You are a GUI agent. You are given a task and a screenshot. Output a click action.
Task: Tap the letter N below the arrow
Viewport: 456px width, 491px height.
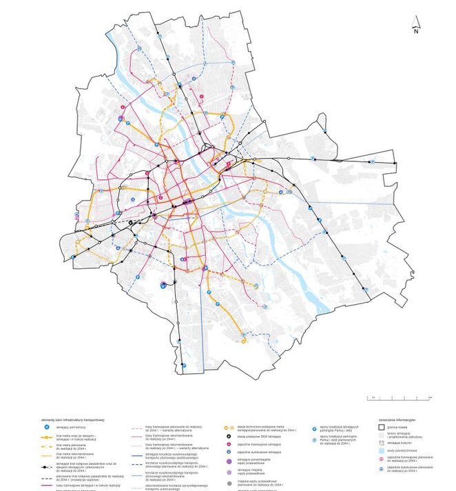pyautogui.click(x=416, y=31)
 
